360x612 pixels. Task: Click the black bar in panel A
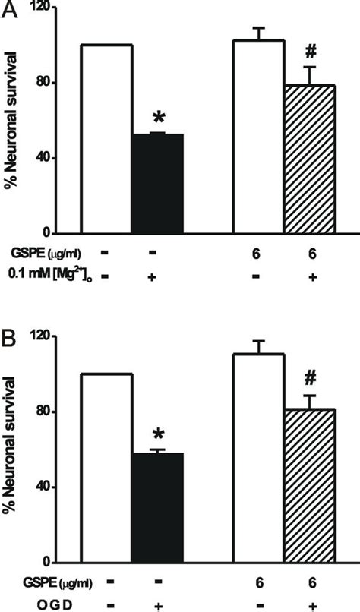tap(158, 184)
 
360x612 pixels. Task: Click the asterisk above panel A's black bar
tap(159, 118)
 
